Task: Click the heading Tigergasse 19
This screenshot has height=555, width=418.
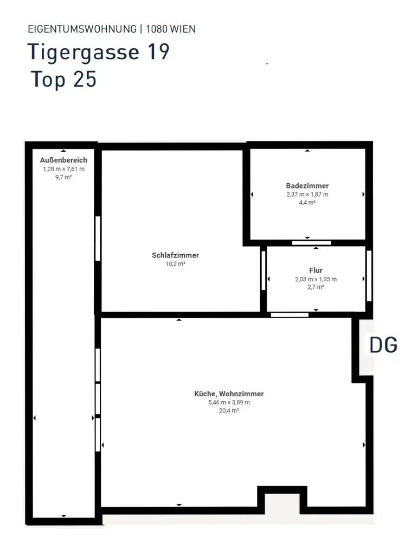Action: [99, 53]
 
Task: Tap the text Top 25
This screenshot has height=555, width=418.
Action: [64, 79]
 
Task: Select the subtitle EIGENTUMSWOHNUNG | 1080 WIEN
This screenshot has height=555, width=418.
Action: [112, 29]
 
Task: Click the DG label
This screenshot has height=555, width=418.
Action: [383, 345]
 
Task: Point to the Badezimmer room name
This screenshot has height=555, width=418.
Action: [307, 186]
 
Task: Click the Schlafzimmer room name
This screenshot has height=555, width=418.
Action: [175, 255]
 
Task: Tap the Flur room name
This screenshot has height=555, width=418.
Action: [316, 270]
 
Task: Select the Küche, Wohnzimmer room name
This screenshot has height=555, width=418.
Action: [229, 394]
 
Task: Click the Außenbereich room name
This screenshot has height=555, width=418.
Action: [63, 160]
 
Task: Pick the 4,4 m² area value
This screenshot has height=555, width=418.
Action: [307, 202]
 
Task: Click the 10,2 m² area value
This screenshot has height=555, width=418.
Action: [175, 264]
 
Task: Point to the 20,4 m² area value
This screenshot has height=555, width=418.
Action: [229, 411]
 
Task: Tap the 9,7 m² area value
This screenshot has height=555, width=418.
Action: [63, 177]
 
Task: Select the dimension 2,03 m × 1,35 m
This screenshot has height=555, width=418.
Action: [316, 279]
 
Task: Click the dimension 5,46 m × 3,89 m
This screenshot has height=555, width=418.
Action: [229, 403]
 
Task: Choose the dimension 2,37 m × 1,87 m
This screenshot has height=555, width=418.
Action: [307, 194]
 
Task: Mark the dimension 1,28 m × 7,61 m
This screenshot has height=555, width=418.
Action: [63, 169]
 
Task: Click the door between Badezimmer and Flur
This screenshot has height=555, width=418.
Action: [311, 243]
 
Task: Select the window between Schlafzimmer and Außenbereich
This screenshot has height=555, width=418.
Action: [98, 238]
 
